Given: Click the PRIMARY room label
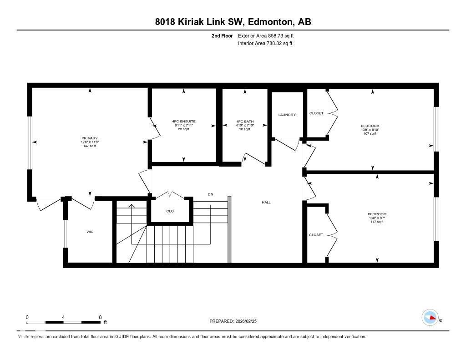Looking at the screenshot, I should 90,138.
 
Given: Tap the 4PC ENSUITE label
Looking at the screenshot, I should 183,122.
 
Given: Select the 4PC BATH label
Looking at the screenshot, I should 245,122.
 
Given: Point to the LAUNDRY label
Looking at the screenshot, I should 287,115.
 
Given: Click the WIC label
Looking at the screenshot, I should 90,232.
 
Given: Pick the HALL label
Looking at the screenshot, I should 266,203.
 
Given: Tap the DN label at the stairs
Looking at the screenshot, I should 210,194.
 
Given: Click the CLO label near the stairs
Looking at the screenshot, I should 170,211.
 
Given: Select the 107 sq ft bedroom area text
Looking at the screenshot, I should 370,133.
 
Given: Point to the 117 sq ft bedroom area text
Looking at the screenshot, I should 377,222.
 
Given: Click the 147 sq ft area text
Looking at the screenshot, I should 90,146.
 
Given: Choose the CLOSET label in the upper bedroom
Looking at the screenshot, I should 316,113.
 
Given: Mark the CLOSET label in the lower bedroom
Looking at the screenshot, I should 316,235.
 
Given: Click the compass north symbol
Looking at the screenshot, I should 431,318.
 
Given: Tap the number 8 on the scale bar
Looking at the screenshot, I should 100,317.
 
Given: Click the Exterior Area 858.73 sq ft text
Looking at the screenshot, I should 269,35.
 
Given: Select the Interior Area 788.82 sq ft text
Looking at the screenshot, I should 265,43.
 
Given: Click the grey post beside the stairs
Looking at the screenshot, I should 229,229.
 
